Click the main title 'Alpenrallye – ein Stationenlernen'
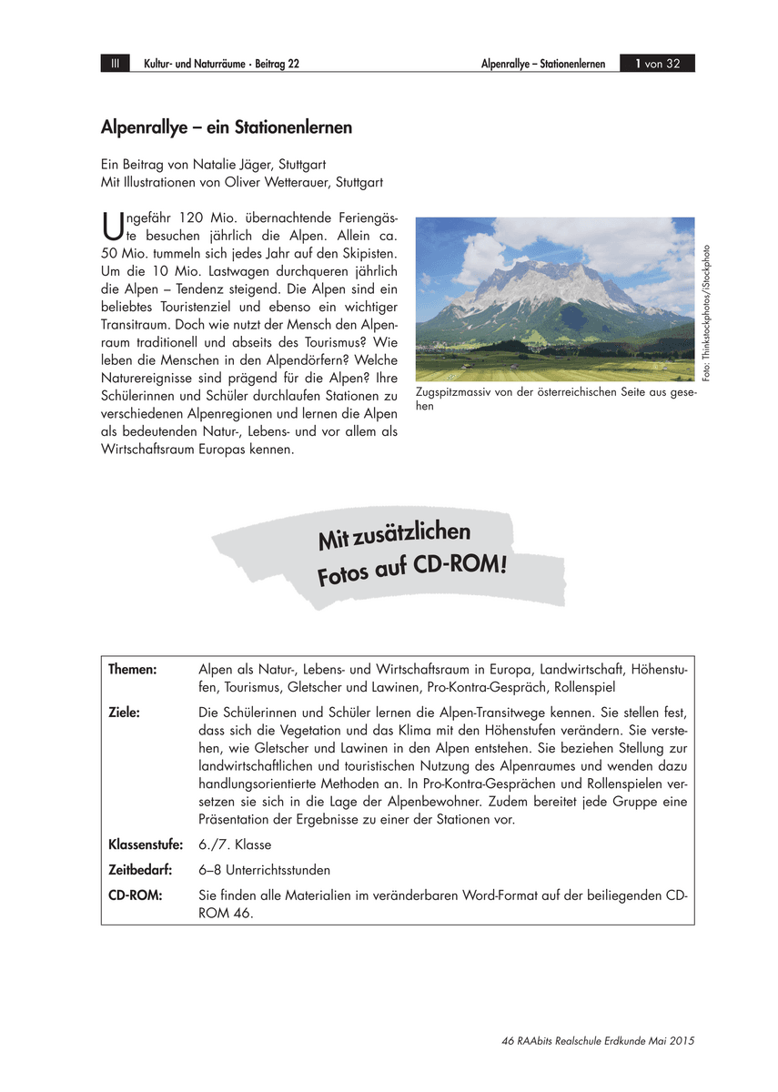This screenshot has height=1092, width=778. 226,128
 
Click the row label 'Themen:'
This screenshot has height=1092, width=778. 133,670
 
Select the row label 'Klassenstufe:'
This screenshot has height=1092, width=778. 146,845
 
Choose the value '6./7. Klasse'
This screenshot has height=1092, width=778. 235,845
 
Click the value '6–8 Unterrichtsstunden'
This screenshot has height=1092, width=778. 264,870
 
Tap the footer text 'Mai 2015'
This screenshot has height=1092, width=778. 675,1041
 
